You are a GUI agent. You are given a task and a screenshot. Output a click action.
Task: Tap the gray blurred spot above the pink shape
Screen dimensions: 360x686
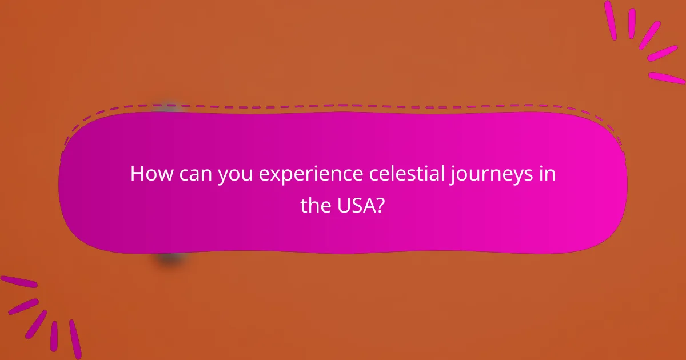pos(169,107)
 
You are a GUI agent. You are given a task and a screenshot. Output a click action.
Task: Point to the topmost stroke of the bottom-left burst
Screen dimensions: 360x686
pos(18,282)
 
